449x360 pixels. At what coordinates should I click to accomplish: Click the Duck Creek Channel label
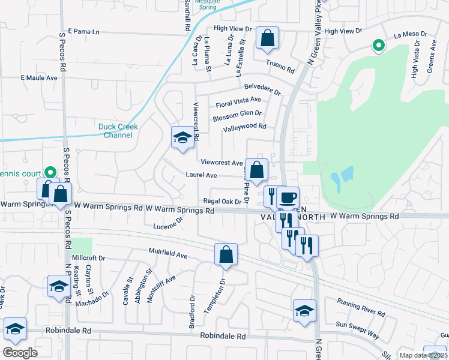click(118, 131)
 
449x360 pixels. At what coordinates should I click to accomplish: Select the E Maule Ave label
click(39, 78)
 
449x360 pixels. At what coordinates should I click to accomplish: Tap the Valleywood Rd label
click(244, 127)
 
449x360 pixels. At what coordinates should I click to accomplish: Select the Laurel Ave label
click(201, 176)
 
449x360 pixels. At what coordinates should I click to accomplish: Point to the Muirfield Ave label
click(169, 255)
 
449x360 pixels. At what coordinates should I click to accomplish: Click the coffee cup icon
click(288, 197)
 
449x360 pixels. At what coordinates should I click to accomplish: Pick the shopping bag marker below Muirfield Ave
click(226, 254)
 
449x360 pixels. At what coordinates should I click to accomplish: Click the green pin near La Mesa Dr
click(378, 45)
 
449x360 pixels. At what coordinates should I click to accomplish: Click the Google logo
click(20, 353)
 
